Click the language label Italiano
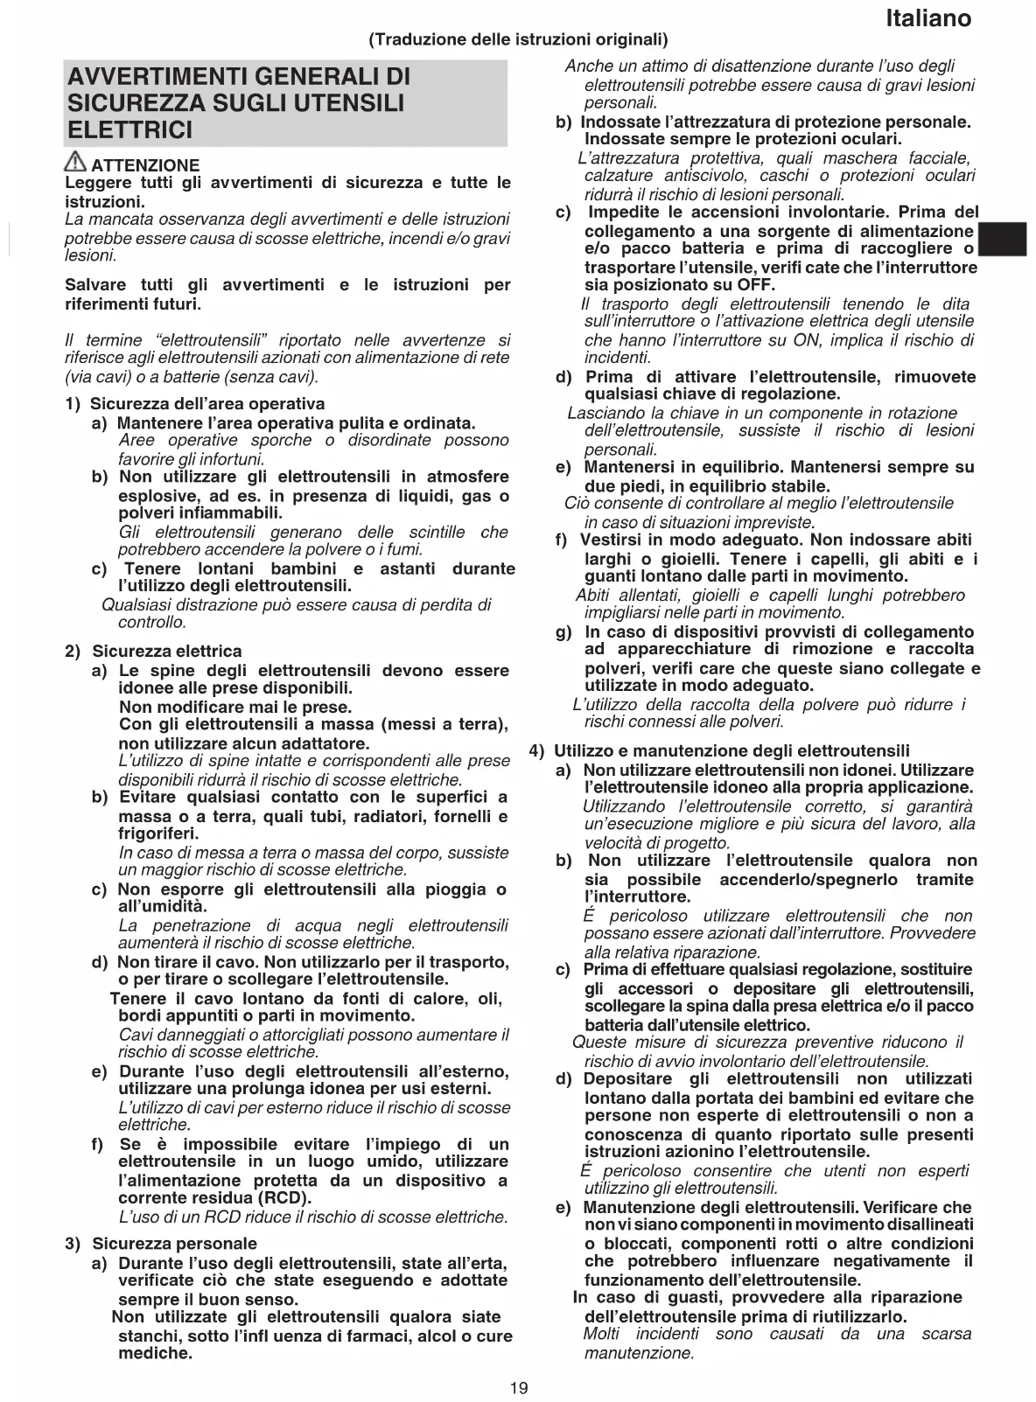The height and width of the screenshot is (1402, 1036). [x=927, y=18]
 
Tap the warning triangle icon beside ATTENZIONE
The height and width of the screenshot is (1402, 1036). [x=76, y=162]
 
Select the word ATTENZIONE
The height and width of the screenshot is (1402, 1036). [x=145, y=165]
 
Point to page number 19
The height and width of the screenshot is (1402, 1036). [x=519, y=1387]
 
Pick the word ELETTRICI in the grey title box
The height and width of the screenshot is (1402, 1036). [x=129, y=130]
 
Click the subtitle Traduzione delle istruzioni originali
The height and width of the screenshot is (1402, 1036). [x=518, y=39]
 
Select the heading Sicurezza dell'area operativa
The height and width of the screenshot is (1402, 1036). [x=207, y=404]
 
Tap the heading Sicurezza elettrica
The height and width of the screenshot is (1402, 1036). [x=166, y=651]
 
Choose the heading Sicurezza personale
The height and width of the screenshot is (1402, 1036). [x=174, y=1244]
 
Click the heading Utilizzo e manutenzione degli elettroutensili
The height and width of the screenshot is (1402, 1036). [x=731, y=750]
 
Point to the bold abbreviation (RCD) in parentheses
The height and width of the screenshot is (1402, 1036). [x=286, y=1198]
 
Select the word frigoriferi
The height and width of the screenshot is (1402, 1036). [x=158, y=834]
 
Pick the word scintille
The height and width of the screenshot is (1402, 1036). [x=437, y=533]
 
